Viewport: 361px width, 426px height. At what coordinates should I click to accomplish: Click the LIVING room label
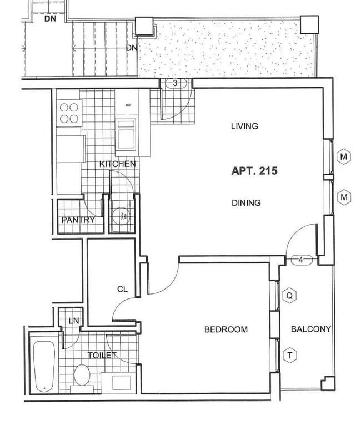coord(244,126)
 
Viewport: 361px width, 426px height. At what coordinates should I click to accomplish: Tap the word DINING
coord(246,203)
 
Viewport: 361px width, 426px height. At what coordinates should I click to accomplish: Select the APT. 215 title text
coord(254,171)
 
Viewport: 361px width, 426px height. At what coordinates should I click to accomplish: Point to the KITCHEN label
coord(117,164)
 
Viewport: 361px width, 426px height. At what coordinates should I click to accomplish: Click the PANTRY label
coord(78,220)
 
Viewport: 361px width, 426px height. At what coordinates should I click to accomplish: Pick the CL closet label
coord(122,289)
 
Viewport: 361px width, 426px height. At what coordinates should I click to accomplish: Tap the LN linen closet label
coord(73,321)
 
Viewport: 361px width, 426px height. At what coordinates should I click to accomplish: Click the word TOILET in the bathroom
coord(102,355)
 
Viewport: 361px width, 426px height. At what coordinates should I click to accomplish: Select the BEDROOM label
coord(226,329)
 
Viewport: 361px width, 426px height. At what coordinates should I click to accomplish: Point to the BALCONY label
coord(311,329)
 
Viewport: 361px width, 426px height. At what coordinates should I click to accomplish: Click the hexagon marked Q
coord(289,296)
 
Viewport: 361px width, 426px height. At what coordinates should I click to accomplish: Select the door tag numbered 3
coord(175,83)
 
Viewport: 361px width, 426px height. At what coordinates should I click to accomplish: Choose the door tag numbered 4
coord(300,260)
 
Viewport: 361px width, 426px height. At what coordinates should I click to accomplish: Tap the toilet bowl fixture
coord(83,376)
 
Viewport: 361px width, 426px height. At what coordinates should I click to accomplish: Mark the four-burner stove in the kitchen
coord(70,113)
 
